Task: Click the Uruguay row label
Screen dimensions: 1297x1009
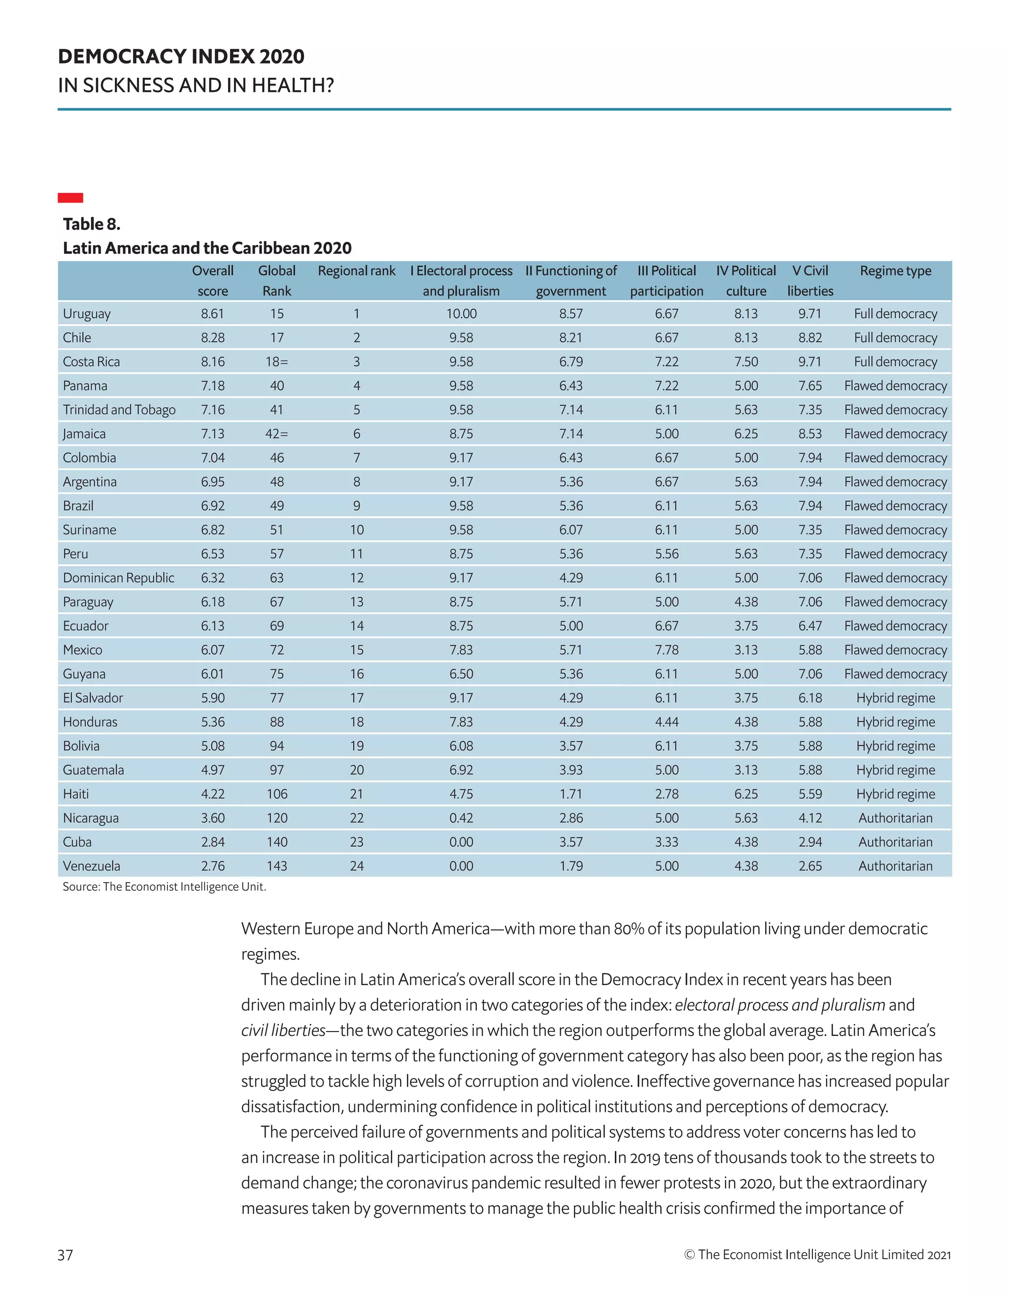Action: click(x=87, y=314)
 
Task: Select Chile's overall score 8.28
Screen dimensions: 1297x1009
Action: click(x=213, y=337)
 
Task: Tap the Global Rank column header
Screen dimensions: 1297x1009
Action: click(x=277, y=280)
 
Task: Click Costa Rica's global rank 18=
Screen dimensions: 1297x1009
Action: click(x=277, y=362)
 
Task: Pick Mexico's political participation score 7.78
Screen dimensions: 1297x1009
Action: click(x=666, y=650)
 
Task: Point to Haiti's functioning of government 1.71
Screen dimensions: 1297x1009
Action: click(x=571, y=794)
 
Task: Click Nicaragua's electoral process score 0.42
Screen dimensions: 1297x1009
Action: click(x=461, y=818)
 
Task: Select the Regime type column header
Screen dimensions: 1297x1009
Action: click(x=895, y=271)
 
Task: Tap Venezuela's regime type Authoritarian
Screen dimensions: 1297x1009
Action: click(x=895, y=866)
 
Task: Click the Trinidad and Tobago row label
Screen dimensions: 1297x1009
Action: click(x=119, y=410)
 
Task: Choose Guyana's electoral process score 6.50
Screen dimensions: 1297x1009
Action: click(x=461, y=674)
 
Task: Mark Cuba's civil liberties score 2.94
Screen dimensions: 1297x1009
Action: click(x=810, y=842)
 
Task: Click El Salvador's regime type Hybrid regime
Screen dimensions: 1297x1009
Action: click(x=895, y=698)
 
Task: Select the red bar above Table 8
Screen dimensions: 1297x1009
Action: click(x=70, y=198)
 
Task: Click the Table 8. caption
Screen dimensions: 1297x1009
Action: click(x=92, y=224)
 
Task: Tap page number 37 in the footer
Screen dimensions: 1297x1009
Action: click(x=66, y=1254)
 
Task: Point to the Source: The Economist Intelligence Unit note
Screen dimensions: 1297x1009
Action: click(x=164, y=887)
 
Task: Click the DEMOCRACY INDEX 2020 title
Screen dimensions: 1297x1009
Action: click(x=181, y=57)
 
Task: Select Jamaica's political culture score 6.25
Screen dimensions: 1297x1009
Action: click(x=746, y=433)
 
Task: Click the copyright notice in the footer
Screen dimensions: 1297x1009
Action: click(x=817, y=1254)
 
